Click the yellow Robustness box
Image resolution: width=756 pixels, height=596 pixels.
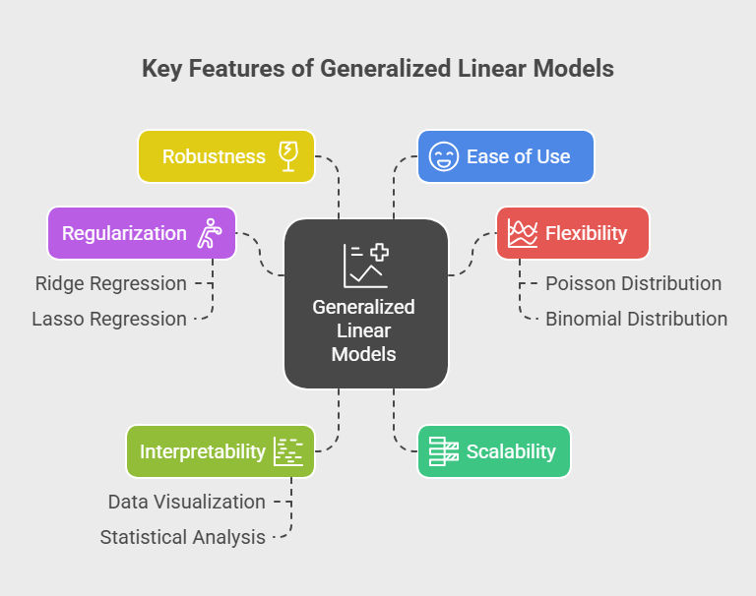(x=226, y=156)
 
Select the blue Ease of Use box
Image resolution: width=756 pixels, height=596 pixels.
(x=506, y=156)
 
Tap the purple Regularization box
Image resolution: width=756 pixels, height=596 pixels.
(x=142, y=233)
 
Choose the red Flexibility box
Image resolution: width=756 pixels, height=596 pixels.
(x=572, y=233)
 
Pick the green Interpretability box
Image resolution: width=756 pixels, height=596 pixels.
(x=220, y=451)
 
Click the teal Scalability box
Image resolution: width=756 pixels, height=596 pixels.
(x=494, y=451)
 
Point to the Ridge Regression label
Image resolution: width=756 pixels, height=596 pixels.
(x=110, y=283)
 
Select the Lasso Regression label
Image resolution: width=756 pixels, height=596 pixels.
(x=109, y=319)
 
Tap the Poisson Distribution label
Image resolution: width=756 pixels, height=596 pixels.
(x=634, y=283)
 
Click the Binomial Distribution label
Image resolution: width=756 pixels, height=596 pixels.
(x=637, y=319)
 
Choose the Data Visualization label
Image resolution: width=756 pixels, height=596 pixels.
(x=187, y=502)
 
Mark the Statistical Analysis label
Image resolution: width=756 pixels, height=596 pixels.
(x=183, y=537)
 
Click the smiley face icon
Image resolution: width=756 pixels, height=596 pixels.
(x=444, y=156)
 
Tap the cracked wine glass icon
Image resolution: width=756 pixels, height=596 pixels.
(x=290, y=156)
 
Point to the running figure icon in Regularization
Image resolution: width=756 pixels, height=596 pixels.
(x=210, y=233)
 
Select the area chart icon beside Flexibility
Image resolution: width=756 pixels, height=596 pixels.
(x=522, y=233)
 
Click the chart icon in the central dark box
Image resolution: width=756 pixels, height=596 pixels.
(x=364, y=265)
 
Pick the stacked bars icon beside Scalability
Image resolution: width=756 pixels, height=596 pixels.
(x=444, y=451)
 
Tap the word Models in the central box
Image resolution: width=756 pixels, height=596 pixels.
(x=364, y=353)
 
